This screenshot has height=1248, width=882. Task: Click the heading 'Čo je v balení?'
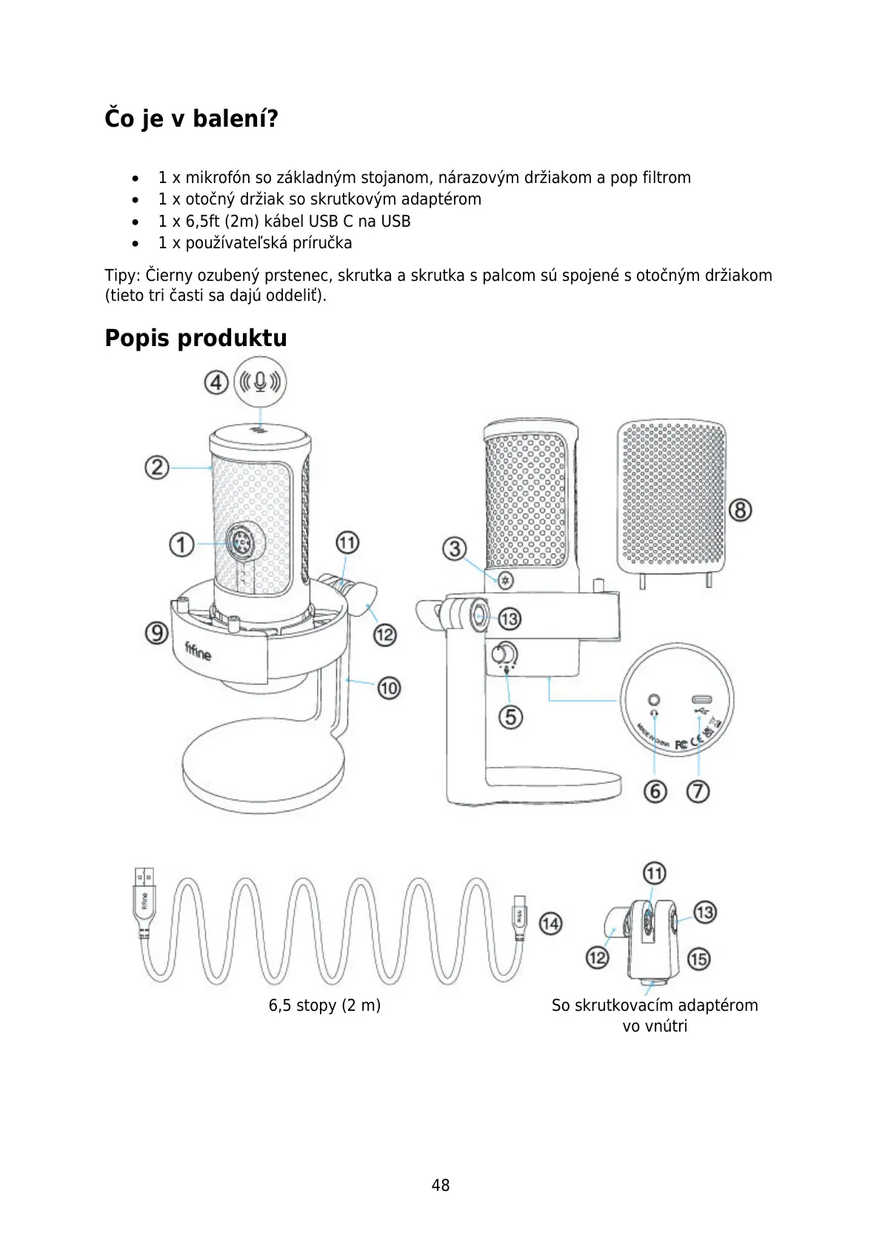tap(191, 119)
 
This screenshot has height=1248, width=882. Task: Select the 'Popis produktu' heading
tap(196, 338)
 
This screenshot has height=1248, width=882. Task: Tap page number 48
tap(441, 1185)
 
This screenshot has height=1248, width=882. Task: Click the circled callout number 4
tap(216, 382)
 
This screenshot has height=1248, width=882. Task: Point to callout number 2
tap(156, 468)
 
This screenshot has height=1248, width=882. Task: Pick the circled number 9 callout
tap(156, 633)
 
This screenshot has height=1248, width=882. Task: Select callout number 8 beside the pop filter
tap(740, 510)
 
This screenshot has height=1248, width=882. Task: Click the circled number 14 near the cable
tap(550, 923)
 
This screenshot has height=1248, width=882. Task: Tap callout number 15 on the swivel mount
tap(698, 959)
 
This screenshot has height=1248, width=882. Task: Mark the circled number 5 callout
tap(510, 717)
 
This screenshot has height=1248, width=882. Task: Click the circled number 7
tap(698, 791)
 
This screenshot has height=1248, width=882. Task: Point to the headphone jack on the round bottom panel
tap(654, 700)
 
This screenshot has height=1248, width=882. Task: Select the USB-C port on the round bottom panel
tap(701, 700)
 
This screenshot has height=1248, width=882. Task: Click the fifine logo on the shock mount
tap(198, 651)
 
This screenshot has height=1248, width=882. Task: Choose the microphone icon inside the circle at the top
tap(260, 382)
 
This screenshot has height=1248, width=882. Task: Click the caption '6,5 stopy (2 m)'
tap(324, 1006)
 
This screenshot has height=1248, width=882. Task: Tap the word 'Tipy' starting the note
tap(121, 276)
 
